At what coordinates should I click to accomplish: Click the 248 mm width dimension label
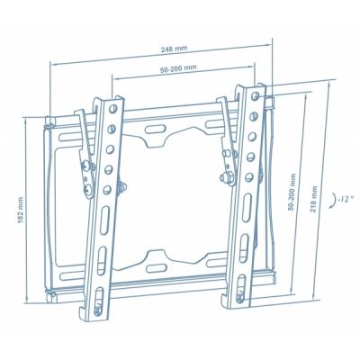[174, 49]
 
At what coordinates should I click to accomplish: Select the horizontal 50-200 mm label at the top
[178, 68]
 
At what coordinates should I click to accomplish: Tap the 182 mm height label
[20, 210]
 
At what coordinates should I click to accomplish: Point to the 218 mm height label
[314, 199]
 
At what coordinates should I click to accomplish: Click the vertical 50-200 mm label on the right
[292, 192]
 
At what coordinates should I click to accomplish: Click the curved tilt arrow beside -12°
[333, 201]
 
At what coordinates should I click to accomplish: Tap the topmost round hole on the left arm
[112, 109]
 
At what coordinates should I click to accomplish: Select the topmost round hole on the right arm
[256, 96]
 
